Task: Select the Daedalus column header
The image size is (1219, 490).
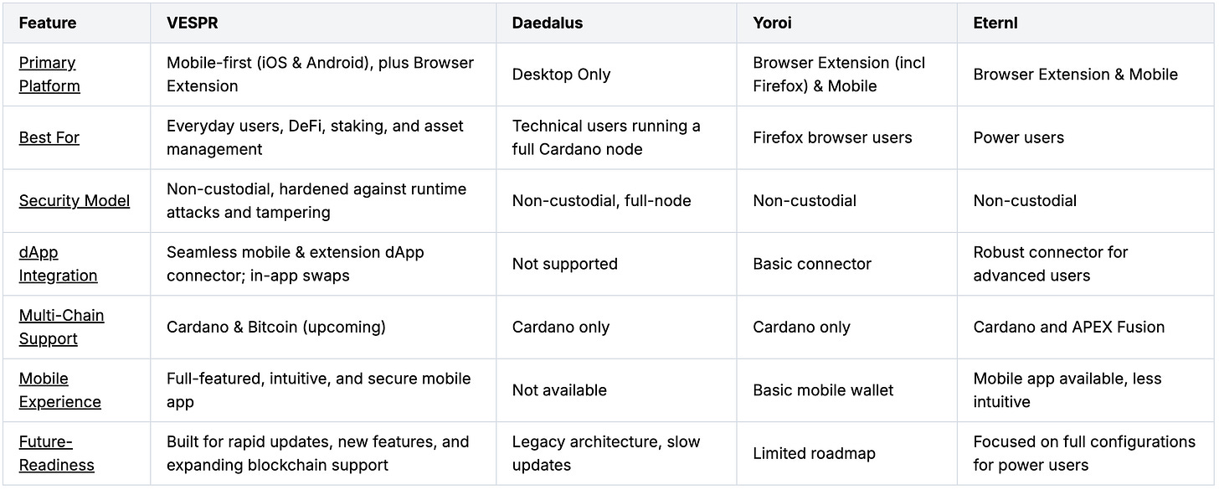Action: (x=548, y=23)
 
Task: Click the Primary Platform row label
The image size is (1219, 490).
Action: (x=49, y=75)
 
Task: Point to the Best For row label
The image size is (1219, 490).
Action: (x=49, y=137)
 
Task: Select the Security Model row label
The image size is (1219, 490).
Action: (x=75, y=201)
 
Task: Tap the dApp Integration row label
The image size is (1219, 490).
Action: (x=58, y=264)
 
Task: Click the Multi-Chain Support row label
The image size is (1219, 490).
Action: (x=61, y=327)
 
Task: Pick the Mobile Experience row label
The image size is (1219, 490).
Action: (x=59, y=390)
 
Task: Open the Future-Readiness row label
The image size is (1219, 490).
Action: (x=56, y=453)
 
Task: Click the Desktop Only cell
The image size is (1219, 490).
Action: (x=561, y=75)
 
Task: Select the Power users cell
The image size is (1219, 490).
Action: (x=1018, y=137)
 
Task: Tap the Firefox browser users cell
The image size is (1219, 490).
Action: (x=832, y=137)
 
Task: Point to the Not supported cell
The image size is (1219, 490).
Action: (x=564, y=264)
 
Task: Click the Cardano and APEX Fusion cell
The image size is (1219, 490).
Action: (x=1068, y=327)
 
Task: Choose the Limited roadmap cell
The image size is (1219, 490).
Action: (x=814, y=453)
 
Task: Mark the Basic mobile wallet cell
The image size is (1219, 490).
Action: (x=823, y=390)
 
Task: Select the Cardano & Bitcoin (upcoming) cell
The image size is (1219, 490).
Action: (x=275, y=327)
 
